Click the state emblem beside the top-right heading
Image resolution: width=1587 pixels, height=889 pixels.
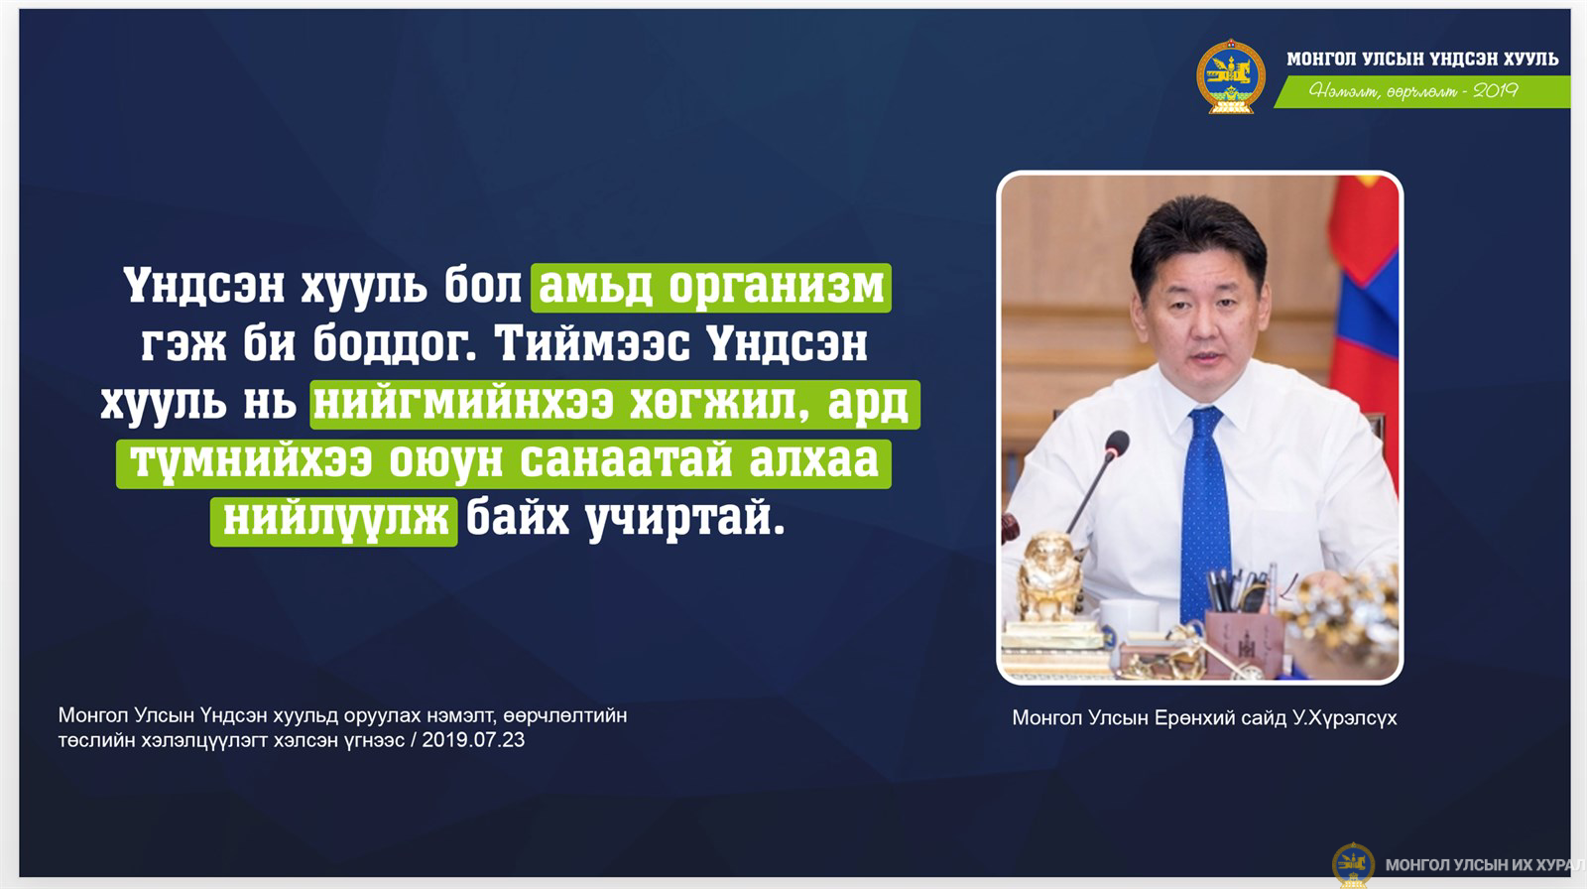point(1231,76)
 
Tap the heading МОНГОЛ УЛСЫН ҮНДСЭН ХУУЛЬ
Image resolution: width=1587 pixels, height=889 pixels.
point(1422,59)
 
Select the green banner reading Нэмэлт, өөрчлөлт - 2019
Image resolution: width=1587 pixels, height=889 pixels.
point(1421,91)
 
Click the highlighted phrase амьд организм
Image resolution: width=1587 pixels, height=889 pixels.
point(711,287)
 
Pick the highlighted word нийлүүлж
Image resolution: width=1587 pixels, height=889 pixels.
point(333,521)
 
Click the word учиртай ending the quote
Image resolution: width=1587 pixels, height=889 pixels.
point(685,520)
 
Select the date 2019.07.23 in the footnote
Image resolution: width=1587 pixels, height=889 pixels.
point(473,740)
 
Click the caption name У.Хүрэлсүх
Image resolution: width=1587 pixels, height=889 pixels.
point(1345,718)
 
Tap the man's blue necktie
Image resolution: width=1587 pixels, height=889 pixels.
point(1204,510)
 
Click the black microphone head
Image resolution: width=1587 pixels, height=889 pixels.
point(1117,444)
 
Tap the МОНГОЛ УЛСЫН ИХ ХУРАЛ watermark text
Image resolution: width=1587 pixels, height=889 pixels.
point(1485,865)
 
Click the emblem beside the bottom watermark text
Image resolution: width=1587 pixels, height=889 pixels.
point(1353,865)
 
